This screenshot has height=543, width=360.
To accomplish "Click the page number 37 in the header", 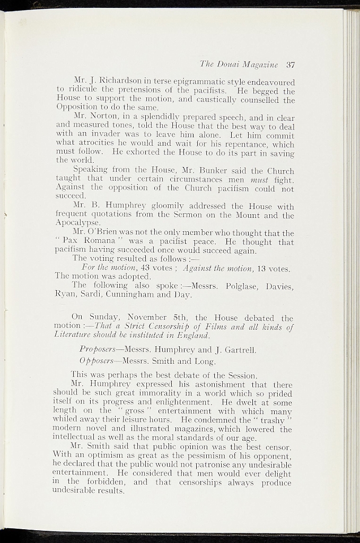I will [x=290, y=65].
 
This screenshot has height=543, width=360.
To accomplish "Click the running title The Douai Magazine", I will [x=239, y=65].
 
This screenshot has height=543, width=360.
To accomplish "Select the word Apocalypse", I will [x=73, y=224].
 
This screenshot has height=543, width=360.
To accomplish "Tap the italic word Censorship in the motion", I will [x=168, y=327].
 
